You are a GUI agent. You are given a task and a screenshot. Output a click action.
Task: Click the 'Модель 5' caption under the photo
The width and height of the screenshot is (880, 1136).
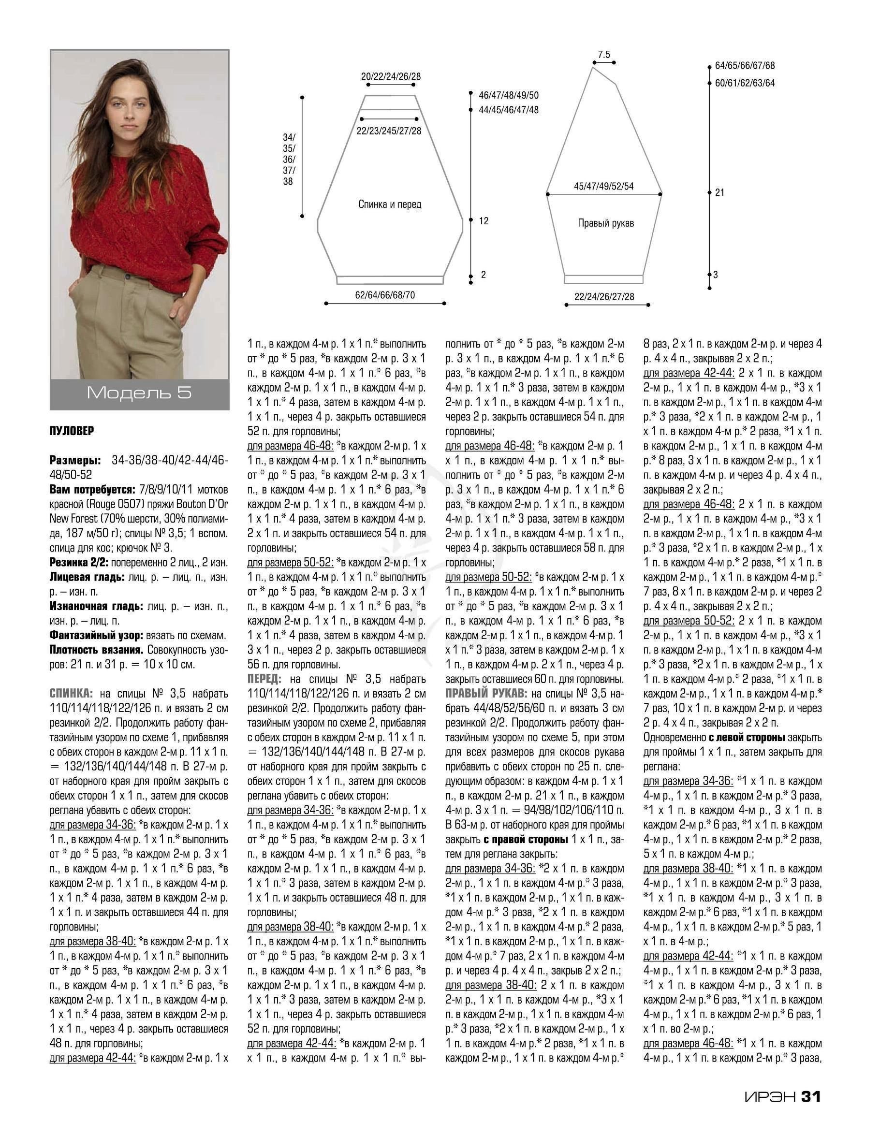pos(139,393)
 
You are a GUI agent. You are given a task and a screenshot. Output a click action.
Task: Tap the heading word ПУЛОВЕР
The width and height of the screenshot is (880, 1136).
pos(72,431)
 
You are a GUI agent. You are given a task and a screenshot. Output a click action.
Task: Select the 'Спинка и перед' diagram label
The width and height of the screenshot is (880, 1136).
pos(390,204)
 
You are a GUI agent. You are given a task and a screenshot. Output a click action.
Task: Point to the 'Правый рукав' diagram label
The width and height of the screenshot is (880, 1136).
pos(606,223)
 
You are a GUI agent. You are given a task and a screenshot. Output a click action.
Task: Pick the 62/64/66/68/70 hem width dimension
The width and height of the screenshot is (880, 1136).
pos(385,295)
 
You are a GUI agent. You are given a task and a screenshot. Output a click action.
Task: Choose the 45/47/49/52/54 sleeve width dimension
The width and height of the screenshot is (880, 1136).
pos(603,186)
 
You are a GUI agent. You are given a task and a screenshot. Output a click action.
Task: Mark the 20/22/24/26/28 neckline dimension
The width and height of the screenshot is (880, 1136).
pos(391,76)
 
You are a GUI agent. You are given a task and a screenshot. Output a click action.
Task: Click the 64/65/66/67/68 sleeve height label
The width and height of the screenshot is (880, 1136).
pos(745,66)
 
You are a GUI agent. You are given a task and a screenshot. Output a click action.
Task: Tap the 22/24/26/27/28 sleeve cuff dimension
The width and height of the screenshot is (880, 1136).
pos(604,296)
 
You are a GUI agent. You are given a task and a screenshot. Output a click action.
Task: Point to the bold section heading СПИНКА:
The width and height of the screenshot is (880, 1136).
pos(71,693)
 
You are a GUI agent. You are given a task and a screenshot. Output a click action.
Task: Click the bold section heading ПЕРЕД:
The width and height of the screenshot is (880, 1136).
pos(264,679)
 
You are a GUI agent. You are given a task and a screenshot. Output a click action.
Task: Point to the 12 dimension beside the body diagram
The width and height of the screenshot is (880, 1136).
pos(484,221)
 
